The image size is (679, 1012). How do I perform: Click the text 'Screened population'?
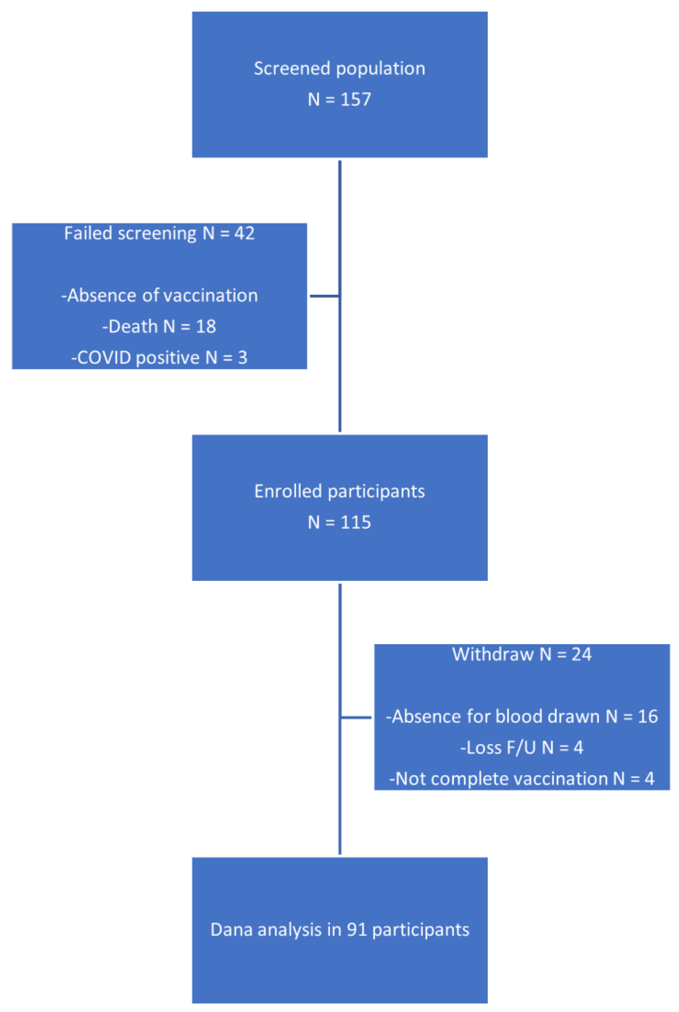(339, 68)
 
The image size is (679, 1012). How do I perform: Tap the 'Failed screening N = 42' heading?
(159, 233)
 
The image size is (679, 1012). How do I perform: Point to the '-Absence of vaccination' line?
(159, 295)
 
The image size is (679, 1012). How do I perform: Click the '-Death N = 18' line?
(159, 327)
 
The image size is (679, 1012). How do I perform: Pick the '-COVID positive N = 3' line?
(159, 358)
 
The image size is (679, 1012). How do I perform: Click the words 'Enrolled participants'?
(339, 491)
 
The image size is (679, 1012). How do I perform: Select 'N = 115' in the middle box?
(339, 522)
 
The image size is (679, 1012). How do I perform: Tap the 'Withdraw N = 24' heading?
(522, 654)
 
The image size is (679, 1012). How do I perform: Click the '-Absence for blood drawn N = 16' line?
(522, 716)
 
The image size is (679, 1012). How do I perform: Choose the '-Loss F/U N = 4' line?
(522, 747)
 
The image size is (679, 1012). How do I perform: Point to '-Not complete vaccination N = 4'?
(522, 779)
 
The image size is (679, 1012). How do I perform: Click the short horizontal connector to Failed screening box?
(324, 296)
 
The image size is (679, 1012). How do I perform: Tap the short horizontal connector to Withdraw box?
(356, 717)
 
